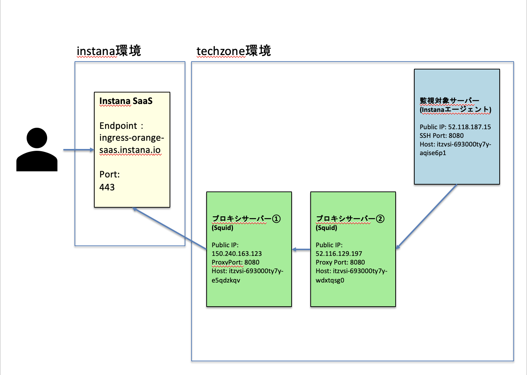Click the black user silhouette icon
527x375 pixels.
click(37, 150)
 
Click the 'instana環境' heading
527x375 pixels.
click(109, 51)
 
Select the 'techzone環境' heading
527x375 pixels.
click(234, 51)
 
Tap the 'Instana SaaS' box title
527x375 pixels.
click(126, 101)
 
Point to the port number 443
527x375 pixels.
click(107, 187)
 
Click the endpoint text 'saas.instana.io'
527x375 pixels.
click(130, 150)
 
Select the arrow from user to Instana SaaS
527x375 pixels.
click(78, 150)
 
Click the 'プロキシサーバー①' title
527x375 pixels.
click(246, 218)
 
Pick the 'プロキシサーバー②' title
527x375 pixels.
click(350, 218)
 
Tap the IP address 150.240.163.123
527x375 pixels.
click(237, 254)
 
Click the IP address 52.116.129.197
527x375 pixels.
click(339, 254)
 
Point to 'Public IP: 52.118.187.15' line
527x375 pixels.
click(455, 127)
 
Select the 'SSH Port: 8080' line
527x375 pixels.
click(441, 136)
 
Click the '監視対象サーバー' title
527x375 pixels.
click(449, 101)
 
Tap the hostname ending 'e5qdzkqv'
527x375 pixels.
click(226, 280)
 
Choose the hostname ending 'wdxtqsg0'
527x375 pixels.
click(330, 280)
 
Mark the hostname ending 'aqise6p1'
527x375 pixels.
click(433, 153)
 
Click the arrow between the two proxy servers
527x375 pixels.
click(301, 249)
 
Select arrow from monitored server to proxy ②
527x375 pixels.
click(427, 216)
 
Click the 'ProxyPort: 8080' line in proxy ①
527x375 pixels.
click(235, 262)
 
